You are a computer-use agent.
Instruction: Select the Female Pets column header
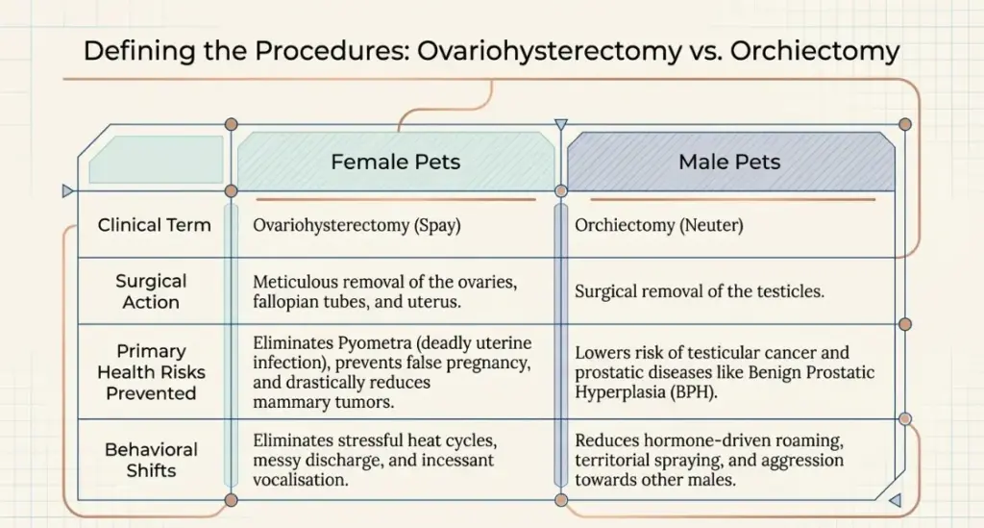point(395,163)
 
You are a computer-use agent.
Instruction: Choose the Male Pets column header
point(729,163)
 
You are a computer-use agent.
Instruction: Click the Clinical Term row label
point(154,225)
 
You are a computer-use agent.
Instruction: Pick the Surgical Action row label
point(151,291)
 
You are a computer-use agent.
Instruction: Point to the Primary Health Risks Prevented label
point(151,371)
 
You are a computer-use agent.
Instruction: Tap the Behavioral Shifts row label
point(151,460)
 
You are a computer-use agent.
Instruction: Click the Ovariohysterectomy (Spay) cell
point(357,226)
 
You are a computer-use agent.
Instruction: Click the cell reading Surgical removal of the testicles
point(699,291)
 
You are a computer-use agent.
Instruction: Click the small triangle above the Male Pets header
point(561,124)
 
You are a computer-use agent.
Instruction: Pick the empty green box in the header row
point(156,160)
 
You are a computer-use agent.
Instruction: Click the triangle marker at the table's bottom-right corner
point(895,499)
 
